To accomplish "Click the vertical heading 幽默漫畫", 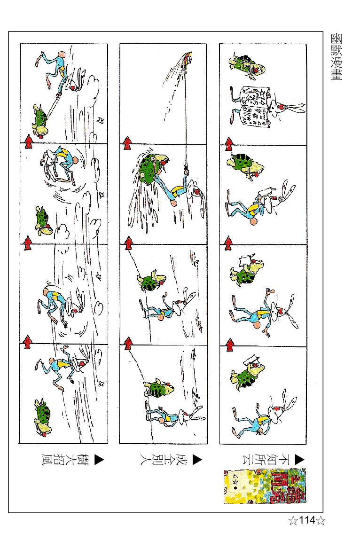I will pos(336,57).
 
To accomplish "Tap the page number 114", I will pos(306,520).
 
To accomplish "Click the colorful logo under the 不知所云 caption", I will pos(265,486).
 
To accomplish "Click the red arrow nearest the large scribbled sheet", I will pos(229,143).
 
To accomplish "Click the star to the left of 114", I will pos(293,520).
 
